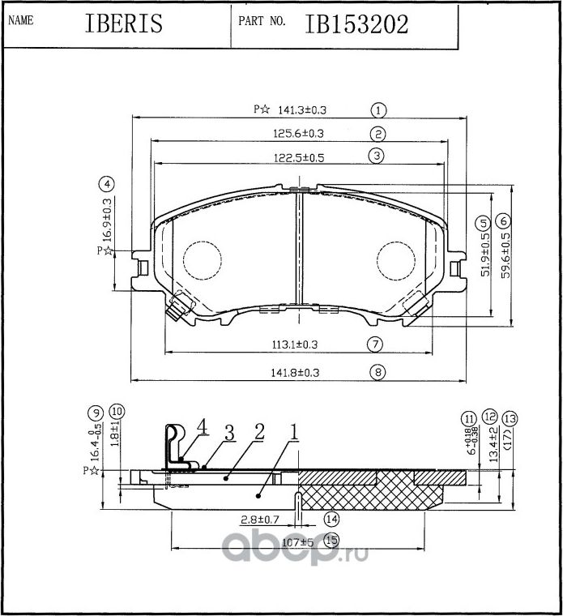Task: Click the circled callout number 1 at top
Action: (x=378, y=109)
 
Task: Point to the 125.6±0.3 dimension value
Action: (x=296, y=133)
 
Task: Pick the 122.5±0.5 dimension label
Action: (x=296, y=158)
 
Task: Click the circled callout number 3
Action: (x=375, y=156)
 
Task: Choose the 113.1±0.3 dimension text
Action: (x=294, y=344)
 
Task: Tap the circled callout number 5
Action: (x=482, y=221)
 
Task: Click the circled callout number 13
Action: (x=509, y=418)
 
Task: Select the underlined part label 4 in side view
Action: (x=202, y=426)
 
